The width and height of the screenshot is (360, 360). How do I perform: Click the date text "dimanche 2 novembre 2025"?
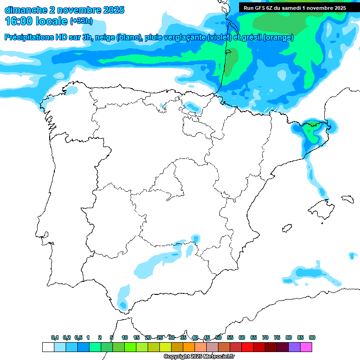64,9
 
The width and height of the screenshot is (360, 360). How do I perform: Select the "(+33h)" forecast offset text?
81,21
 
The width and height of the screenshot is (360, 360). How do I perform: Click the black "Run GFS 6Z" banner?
294,8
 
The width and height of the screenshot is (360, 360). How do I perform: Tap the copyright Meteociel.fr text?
198,357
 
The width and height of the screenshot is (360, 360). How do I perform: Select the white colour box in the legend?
48,347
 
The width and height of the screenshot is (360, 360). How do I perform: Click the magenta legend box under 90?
306,347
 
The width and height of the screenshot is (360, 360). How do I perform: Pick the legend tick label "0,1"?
55,337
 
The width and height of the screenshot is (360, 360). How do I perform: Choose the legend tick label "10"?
125,337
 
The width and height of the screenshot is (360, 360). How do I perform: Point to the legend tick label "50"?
218,337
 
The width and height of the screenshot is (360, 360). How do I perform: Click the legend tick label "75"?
277,337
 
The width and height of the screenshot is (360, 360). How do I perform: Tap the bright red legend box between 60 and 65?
247,347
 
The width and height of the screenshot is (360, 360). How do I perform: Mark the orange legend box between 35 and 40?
189,347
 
